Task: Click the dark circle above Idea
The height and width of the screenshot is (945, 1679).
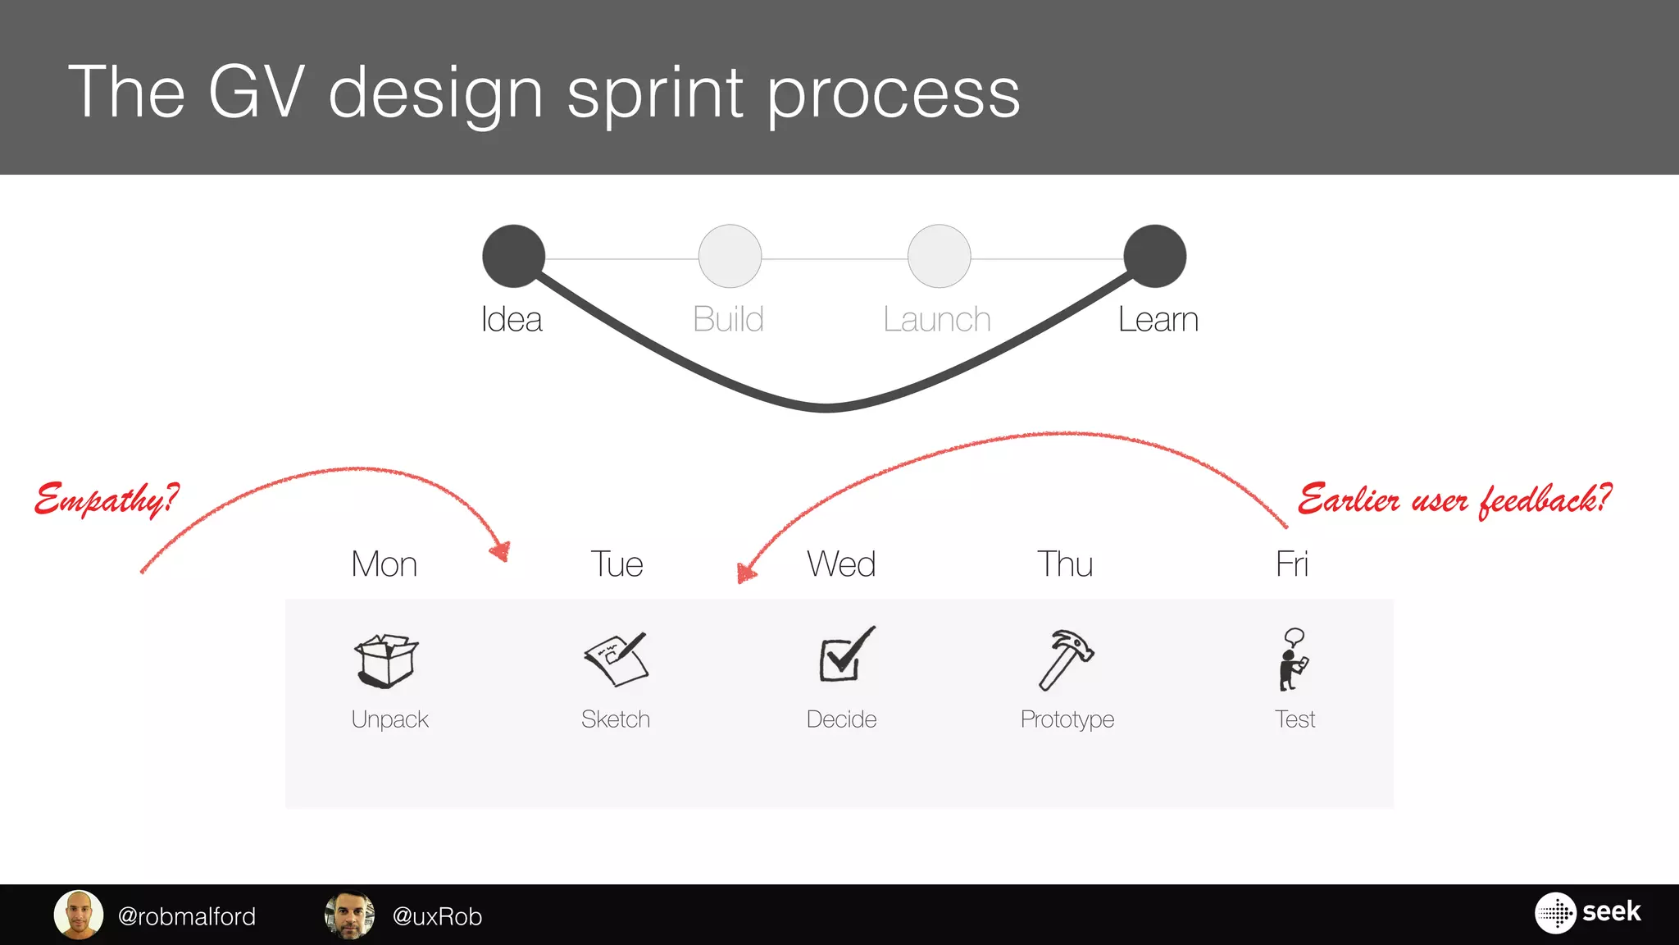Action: point(514,256)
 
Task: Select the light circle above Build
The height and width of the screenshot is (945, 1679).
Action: point(730,256)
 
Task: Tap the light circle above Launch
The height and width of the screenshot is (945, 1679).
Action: point(940,256)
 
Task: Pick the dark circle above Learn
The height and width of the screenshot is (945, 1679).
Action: point(1155,256)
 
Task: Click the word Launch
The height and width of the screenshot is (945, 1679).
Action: point(937,319)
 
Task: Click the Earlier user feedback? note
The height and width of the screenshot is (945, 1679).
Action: point(1454,499)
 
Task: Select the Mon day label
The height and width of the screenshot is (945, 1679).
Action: point(384,564)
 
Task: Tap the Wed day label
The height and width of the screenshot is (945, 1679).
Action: point(841,564)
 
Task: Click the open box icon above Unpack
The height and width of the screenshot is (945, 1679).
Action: point(386,660)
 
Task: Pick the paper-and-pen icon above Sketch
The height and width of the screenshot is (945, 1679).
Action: point(617,658)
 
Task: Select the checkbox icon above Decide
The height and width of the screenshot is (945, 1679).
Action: point(844,655)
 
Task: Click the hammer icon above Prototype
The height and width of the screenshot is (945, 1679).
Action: point(1066,659)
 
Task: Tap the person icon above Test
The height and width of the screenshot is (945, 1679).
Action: point(1293,660)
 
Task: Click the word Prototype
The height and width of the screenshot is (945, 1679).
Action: point(1067,719)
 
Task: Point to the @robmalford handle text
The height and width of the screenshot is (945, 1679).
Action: point(187,916)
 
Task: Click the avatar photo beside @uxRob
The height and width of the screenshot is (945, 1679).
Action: point(350,915)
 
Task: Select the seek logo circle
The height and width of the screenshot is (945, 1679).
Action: point(1555,912)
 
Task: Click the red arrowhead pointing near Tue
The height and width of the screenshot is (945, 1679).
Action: point(500,550)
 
